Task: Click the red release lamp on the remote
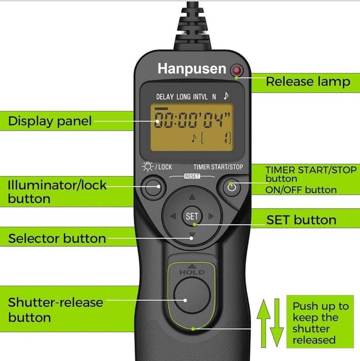click(237, 70)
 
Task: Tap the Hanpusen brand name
click(192, 69)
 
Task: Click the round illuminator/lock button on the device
click(153, 186)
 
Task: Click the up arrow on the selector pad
click(192, 197)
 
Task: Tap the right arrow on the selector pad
click(211, 216)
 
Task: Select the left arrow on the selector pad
click(173, 216)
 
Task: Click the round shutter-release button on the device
click(192, 295)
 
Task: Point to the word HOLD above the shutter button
click(192, 272)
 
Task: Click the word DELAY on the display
click(165, 97)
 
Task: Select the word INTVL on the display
click(200, 97)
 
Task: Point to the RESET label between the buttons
click(192, 177)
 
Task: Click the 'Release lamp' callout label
click(308, 82)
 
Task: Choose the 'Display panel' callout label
click(50, 121)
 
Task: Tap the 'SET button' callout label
click(301, 220)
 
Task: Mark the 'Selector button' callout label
click(57, 238)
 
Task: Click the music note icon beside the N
click(226, 95)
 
